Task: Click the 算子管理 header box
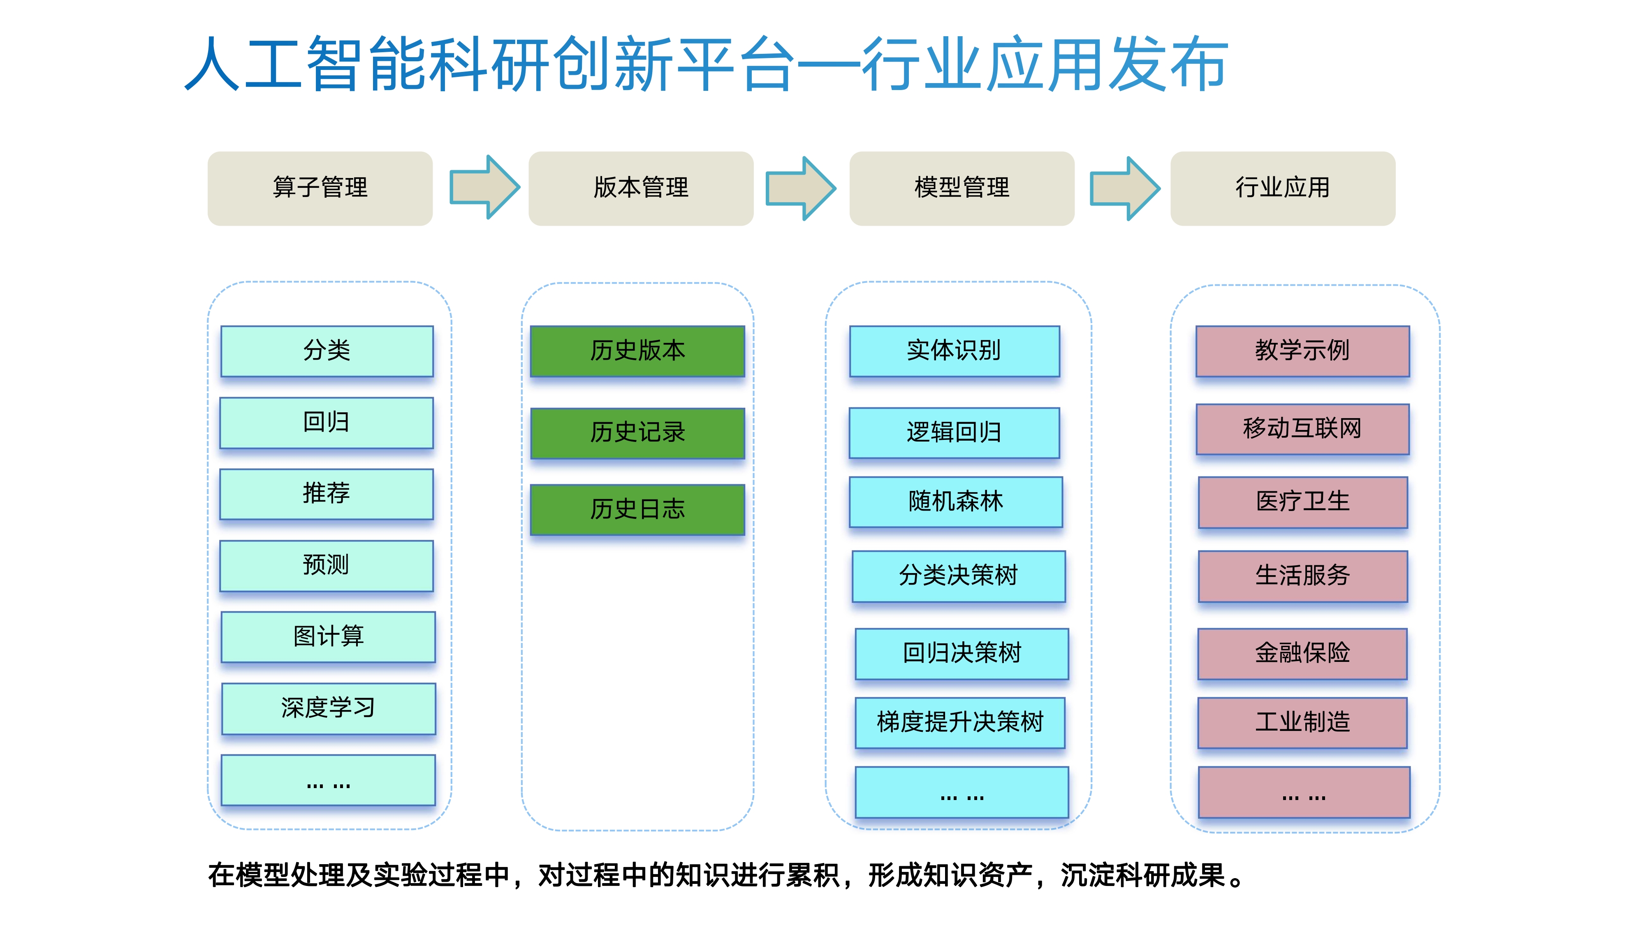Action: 320,188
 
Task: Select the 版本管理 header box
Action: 641,188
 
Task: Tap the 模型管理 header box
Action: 962,188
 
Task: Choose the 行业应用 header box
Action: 1283,188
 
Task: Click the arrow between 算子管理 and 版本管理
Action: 485,187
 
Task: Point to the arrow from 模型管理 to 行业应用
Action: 1124,188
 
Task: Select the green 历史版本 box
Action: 637,351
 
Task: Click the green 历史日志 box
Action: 637,509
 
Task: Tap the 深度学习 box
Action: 328,709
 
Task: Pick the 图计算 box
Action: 328,637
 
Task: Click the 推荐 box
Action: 326,494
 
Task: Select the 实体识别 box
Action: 954,351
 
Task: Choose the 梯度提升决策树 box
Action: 960,723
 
